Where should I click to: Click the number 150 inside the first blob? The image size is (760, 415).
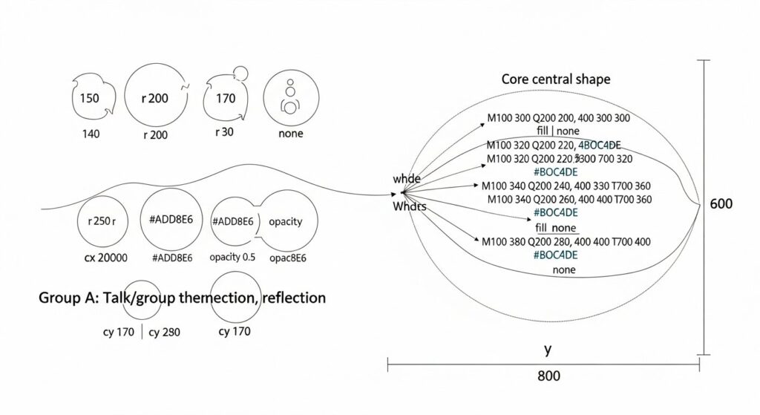tap(89, 99)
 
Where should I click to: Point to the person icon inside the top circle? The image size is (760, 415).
tap(289, 98)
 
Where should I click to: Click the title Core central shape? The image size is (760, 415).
tap(556, 79)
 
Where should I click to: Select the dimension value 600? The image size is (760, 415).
tap(723, 203)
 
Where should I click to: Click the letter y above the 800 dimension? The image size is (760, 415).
tap(548, 347)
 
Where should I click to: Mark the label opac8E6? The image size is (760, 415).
tap(290, 258)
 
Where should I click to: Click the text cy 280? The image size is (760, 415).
tap(164, 332)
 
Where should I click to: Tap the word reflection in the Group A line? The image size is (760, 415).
tap(287, 298)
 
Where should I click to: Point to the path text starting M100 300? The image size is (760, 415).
tap(559, 118)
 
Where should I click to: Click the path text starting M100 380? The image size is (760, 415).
tap(566, 242)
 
